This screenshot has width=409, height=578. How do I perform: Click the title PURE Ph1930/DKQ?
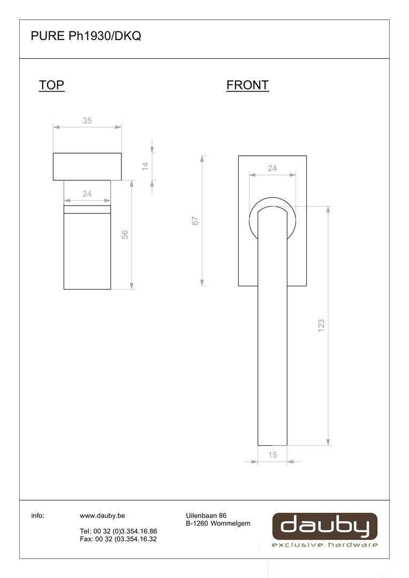(x=86, y=36)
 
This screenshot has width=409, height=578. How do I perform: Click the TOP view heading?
(x=51, y=85)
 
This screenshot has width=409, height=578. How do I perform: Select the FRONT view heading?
(x=247, y=85)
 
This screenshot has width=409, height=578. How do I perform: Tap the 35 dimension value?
(x=87, y=120)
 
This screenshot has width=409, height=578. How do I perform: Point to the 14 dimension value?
(x=145, y=166)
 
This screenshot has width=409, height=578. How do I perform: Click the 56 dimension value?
(x=125, y=234)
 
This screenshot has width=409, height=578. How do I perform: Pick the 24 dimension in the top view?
(x=87, y=194)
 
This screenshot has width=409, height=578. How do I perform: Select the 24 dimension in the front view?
(x=272, y=168)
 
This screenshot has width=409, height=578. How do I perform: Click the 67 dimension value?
(x=195, y=221)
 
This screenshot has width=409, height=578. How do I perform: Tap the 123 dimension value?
(x=321, y=325)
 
